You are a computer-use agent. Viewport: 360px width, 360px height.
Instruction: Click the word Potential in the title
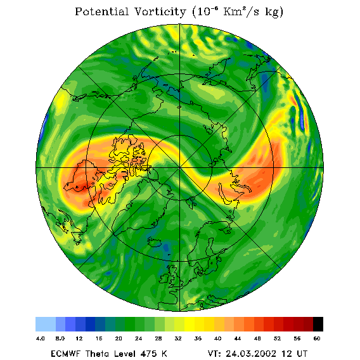point(101,11)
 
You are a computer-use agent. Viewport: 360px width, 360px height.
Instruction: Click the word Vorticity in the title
point(160,11)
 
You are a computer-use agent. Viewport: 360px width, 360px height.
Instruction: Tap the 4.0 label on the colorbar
point(40,338)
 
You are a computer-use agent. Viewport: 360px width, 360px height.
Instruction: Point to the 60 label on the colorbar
point(317,338)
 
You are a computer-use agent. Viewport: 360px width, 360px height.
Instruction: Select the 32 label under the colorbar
point(178,338)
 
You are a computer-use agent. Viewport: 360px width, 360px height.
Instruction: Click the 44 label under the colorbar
point(238,338)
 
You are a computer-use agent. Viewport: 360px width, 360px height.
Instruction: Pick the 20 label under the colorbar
point(119,338)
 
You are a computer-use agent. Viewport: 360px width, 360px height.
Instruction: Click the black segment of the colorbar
point(318,324)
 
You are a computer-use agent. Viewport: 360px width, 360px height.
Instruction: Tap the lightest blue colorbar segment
point(46,324)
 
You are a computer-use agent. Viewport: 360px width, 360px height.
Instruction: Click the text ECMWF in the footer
point(65,353)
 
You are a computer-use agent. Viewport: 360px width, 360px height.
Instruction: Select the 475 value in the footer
point(149,353)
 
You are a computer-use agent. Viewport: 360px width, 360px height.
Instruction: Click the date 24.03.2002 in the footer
point(251,353)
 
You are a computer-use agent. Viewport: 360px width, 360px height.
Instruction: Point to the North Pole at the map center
point(179,168)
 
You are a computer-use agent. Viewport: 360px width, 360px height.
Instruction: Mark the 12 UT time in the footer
point(295,353)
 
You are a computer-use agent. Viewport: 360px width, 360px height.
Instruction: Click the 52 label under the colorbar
point(277,338)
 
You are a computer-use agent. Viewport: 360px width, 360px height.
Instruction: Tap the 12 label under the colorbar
point(79,338)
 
